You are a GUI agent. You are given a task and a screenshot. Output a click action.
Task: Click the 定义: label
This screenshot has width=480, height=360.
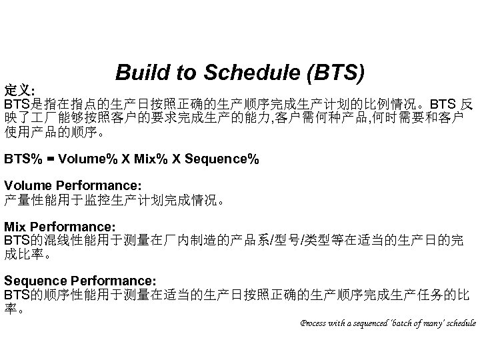pos(21,89)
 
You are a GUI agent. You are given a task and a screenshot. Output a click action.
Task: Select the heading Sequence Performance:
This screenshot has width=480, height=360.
pos(81,281)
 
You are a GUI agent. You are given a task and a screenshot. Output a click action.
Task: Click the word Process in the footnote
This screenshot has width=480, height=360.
pos(313,323)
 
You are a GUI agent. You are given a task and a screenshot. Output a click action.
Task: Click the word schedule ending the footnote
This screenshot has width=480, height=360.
pos(460,323)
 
